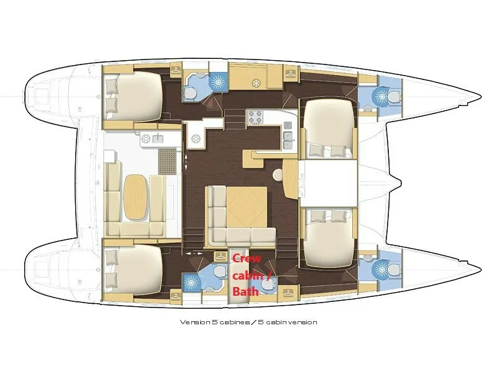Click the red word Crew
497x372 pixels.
244,260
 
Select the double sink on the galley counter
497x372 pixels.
288,139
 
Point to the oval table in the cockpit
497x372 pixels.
135,195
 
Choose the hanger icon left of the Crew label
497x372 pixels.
219,256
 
